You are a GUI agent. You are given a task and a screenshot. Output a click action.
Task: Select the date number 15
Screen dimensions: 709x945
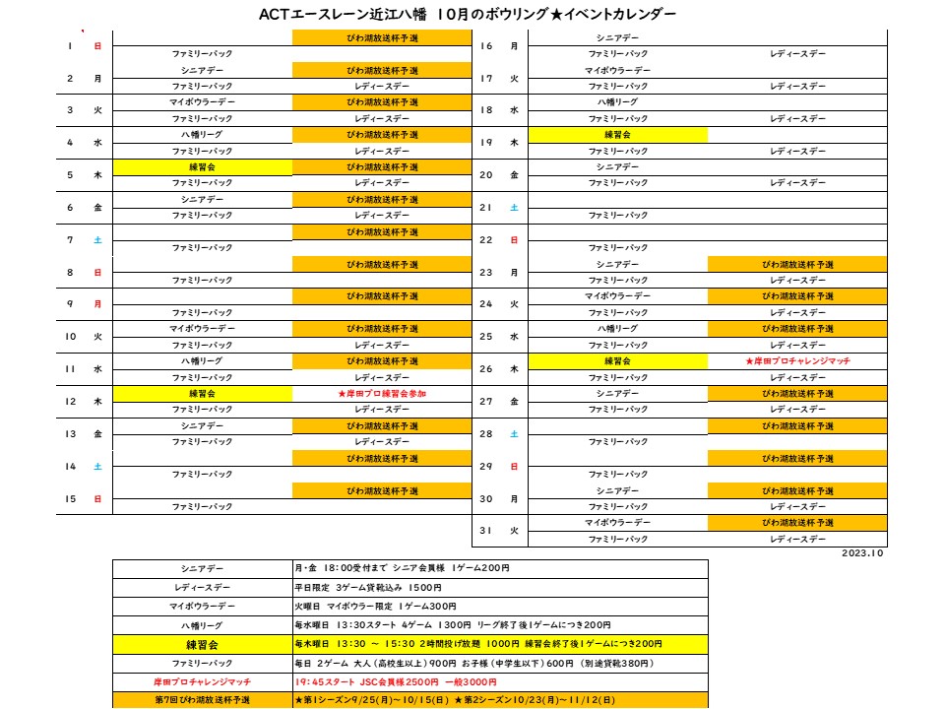71,499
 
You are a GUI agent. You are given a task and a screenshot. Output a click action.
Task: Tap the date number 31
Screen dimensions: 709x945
485,531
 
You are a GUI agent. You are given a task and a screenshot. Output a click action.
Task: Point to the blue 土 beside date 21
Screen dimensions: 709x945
514,208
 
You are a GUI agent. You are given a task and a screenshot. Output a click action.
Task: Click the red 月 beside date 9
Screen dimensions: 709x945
97,304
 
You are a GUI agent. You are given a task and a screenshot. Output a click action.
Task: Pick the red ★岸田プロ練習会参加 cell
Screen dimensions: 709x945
382,393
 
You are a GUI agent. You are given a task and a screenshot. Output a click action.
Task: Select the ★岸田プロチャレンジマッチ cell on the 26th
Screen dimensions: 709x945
797,361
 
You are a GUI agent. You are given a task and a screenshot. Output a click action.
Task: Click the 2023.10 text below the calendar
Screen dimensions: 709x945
863,553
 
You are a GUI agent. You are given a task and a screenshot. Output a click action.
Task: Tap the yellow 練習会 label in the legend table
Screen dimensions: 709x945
202,643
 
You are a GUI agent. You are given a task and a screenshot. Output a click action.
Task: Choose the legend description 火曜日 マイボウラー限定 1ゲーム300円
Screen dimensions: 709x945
375,606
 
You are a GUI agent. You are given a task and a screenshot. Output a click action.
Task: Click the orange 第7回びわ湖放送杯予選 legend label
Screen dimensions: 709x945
202,699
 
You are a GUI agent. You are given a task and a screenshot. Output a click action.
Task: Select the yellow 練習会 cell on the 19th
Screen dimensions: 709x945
617,135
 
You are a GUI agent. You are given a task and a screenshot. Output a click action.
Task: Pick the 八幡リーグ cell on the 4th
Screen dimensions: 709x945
202,135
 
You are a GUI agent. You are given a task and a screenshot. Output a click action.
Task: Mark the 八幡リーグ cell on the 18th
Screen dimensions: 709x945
617,102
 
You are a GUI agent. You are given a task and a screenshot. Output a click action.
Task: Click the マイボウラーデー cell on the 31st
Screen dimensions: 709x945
617,523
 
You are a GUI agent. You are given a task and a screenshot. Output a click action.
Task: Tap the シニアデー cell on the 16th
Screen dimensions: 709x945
617,37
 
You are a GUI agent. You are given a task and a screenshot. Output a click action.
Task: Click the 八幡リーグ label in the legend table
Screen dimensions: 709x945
202,624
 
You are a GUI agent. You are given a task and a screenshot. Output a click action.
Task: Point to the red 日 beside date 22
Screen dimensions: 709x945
514,240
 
